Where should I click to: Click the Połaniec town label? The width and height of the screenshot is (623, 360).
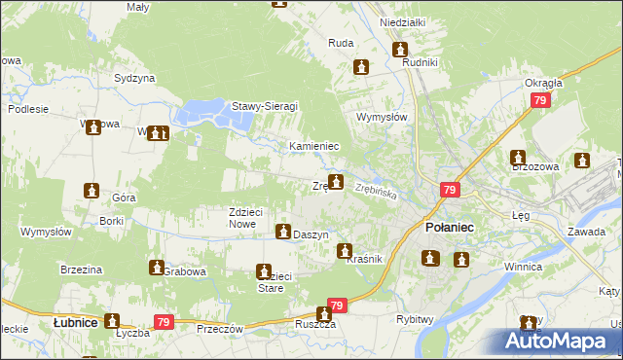click(450, 226)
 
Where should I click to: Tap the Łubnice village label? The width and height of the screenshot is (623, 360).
click(75, 321)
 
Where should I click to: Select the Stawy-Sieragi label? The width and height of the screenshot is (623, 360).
click(264, 106)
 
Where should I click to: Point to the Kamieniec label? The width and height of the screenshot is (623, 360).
click(313, 146)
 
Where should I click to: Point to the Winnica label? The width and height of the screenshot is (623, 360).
click(522, 266)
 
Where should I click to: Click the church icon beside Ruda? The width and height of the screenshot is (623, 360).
click(362, 67)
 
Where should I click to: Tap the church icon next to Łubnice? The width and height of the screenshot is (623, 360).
click(112, 320)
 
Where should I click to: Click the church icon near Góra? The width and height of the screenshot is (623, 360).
click(91, 191)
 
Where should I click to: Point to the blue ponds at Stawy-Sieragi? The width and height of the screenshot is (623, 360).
click(213, 116)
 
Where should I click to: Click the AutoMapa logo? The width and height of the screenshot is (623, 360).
click(561, 342)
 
